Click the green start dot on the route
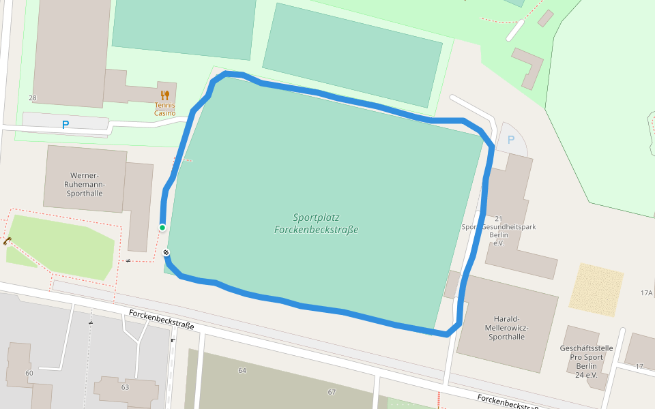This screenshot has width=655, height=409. point(162,227)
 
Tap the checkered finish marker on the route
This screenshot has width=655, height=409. point(166,254)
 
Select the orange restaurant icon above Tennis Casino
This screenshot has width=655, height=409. point(164,95)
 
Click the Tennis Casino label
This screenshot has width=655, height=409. point(164,109)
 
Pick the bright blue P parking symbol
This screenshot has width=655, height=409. point(65,125)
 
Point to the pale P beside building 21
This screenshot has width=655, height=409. point(510,140)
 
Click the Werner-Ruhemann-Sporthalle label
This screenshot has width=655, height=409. point(85,184)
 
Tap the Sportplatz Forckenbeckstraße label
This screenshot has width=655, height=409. point(316,224)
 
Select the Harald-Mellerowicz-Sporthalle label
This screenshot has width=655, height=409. point(507,327)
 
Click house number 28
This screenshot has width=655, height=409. point(32,98)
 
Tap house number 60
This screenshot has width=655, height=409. point(29,373)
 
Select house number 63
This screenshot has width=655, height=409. point(125,387)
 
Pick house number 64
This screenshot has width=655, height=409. point(242,370)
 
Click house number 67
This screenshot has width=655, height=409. point(332,392)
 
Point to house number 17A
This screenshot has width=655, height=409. point(646,293)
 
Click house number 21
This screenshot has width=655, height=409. point(498,219)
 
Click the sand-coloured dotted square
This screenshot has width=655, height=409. point(596,290)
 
